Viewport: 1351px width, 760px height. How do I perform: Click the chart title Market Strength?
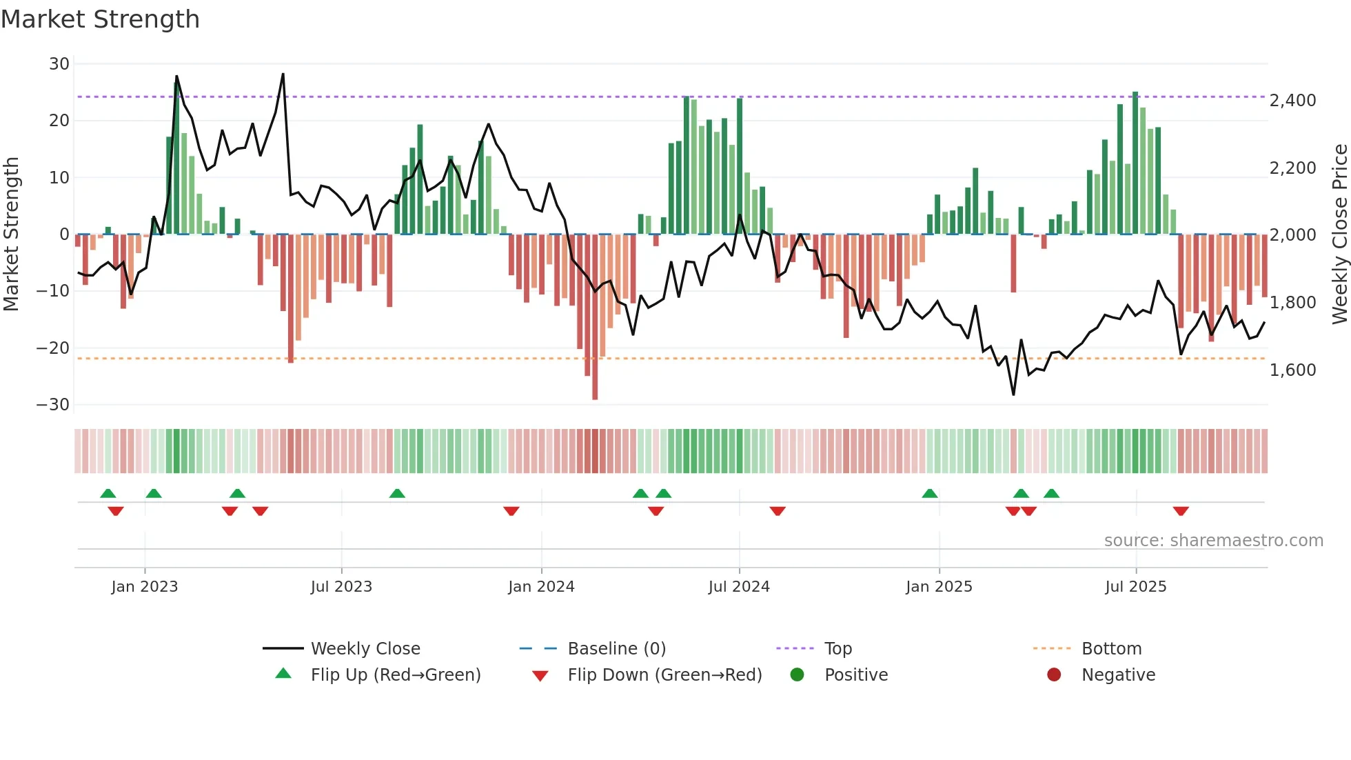101,19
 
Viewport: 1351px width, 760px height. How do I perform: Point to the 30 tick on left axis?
59,64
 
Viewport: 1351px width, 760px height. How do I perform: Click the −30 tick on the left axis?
53,405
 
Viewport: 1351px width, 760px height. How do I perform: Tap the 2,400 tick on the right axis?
1293,101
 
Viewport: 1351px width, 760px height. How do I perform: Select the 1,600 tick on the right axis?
1293,370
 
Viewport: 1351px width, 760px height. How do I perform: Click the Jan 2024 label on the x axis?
541,587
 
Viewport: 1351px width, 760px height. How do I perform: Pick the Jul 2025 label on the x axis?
1135,587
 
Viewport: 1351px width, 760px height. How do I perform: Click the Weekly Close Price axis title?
1339,234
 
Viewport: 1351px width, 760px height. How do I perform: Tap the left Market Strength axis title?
12,234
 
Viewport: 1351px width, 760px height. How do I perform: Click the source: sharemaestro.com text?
1213,541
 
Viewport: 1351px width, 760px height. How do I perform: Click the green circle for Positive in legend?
798,675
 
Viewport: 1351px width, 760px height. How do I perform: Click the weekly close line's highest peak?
283,74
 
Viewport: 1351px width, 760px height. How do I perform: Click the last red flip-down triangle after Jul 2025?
1181,511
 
